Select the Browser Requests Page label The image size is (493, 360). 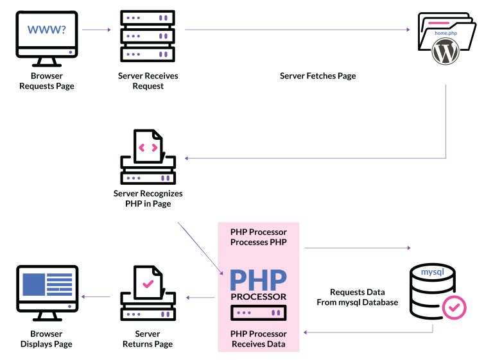pyautogui.click(x=46, y=81)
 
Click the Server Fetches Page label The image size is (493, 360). pyautogui.click(x=318, y=76)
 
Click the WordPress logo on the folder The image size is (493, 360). pyautogui.click(x=447, y=51)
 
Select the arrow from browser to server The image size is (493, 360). pyautogui.click(x=96, y=30)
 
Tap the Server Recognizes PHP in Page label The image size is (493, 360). pyautogui.click(x=148, y=198)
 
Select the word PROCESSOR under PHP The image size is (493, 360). pyautogui.click(x=258, y=296)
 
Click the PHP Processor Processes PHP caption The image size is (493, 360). pyautogui.click(x=258, y=236)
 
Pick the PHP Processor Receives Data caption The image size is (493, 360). pyautogui.click(x=258, y=339)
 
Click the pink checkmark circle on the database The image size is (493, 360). pyautogui.click(x=454, y=307)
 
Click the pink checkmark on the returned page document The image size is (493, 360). pyautogui.click(x=148, y=282)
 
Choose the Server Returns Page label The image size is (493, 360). pyautogui.click(x=148, y=339)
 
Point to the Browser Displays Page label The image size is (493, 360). pyautogui.click(x=46, y=339)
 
